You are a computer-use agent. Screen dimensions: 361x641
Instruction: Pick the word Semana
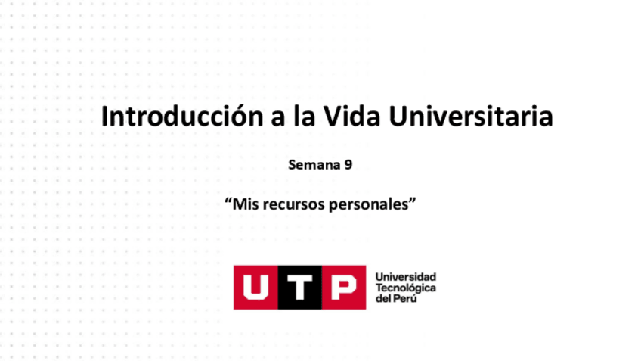coord(311,163)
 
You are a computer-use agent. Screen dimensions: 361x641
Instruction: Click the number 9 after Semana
coord(348,163)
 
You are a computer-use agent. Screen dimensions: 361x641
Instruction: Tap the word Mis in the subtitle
coord(246,204)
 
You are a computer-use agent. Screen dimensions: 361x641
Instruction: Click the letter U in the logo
coord(255,288)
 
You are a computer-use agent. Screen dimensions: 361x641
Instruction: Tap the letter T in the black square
coord(300,288)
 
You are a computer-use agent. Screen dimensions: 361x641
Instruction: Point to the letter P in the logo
coord(343,288)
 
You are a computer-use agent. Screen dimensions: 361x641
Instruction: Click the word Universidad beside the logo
coord(405,277)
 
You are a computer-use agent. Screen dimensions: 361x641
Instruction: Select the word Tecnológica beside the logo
coord(405,288)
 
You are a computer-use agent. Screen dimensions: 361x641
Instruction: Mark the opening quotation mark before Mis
coord(228,201)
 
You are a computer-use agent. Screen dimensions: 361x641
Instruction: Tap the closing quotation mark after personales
coord(413,201)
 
